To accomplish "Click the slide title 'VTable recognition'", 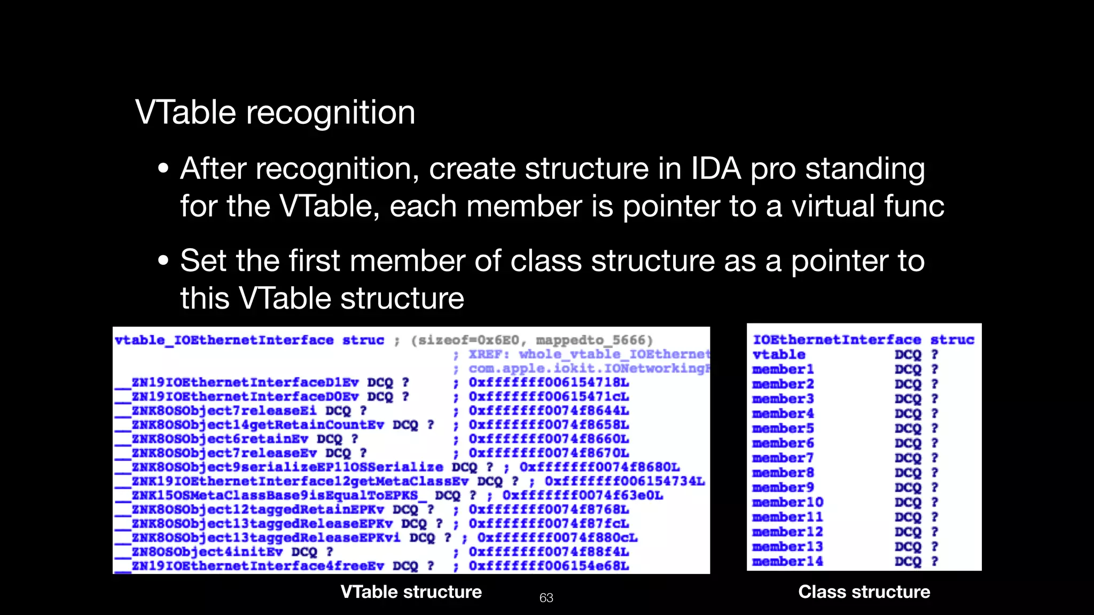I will click(x=275, y=113).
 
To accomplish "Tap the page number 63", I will click(x=546, y=598).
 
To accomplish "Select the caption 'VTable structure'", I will click(x=411, y=592).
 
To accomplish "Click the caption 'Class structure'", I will click(x=864, y=592).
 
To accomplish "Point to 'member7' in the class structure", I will click(x=783, y=458).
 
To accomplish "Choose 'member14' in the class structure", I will click(x=787, y=562).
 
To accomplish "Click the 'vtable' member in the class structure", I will click(x=778, y=354).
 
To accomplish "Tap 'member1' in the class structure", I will click(x=783, y=369).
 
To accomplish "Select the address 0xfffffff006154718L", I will click(x=549, y=383).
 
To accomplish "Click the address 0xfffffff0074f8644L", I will click(x=549, y=411).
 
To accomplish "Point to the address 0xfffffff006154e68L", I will click(x=549, y=566).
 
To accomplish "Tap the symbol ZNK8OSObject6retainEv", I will click(x=220, y=439).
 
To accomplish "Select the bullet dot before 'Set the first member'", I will click(x=163, y=262).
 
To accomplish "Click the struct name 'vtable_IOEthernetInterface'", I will click(x=224, y=341).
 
